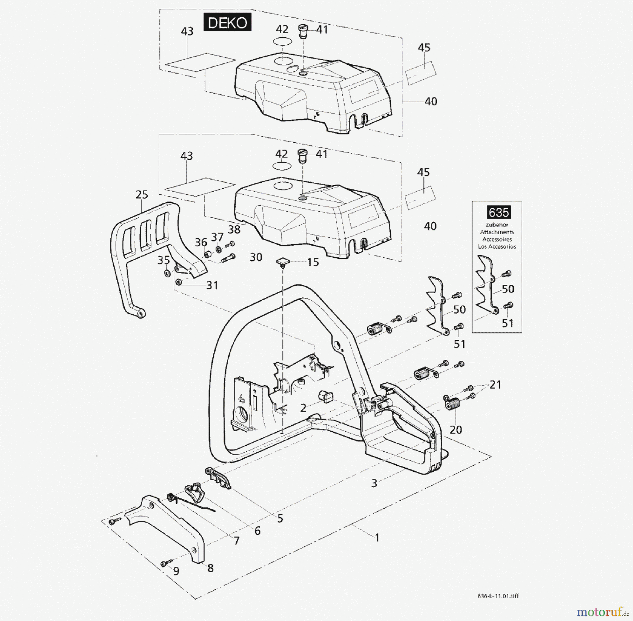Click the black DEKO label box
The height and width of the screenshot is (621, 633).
coord(228,23)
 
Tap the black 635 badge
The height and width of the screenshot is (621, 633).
coord(499,213)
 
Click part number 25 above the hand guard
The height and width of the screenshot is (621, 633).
coord(142,195)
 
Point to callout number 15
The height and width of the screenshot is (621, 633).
coord(313,262)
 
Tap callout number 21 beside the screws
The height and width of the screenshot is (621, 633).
coord(495,385)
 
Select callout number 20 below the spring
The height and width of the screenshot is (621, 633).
coord(456,429)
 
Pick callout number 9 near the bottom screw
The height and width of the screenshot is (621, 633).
coord(176,571)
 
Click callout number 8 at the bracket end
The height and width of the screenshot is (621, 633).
coord(210,568)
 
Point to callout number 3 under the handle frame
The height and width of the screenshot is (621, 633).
coord(374,483)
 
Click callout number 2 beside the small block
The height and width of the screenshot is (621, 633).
coord(303,408)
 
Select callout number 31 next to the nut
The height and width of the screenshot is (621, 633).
coord(212,285)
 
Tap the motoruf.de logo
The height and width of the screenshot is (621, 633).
coord(603,612)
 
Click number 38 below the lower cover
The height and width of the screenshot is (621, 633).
coord(234,230)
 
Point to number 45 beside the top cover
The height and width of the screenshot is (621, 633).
coord(424,48)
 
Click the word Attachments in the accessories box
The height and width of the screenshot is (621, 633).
coord(497,232)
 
